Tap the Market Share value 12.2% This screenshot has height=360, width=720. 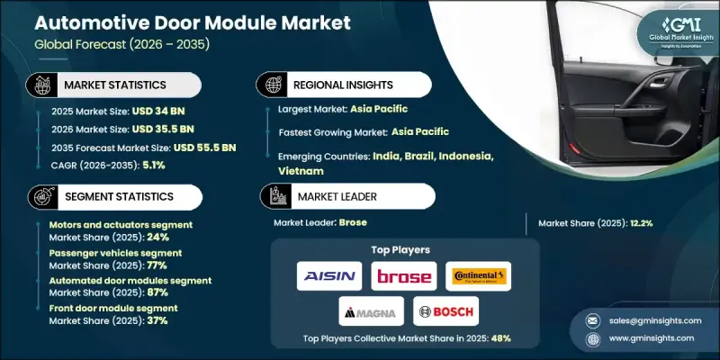[629, 223]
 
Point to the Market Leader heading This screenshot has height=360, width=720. [333, 195]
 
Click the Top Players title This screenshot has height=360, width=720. [400, 249]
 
